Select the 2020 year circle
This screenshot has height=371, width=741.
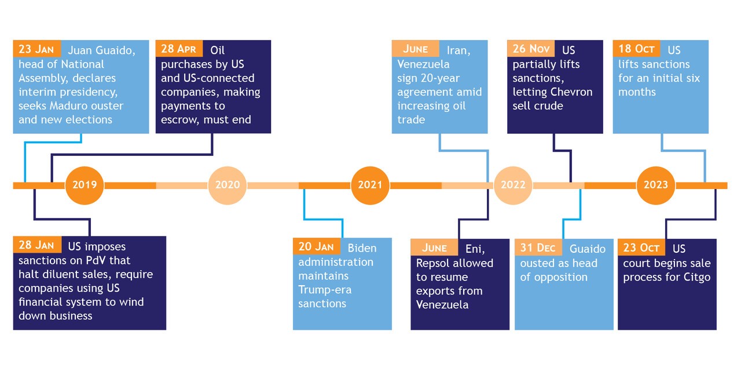pos(228,185)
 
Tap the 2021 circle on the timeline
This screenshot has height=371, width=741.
pos(370,185)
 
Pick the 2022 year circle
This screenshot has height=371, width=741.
pos(513,185)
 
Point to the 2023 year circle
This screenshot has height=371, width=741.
pos(656,185)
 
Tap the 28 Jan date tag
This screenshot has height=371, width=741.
pos(36,245)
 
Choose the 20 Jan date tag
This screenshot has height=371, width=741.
pos(316,247)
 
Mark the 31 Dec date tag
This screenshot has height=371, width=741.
pos(538,248)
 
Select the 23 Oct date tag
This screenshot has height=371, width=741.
pos(641,248)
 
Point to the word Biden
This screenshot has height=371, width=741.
pos(362,248)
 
